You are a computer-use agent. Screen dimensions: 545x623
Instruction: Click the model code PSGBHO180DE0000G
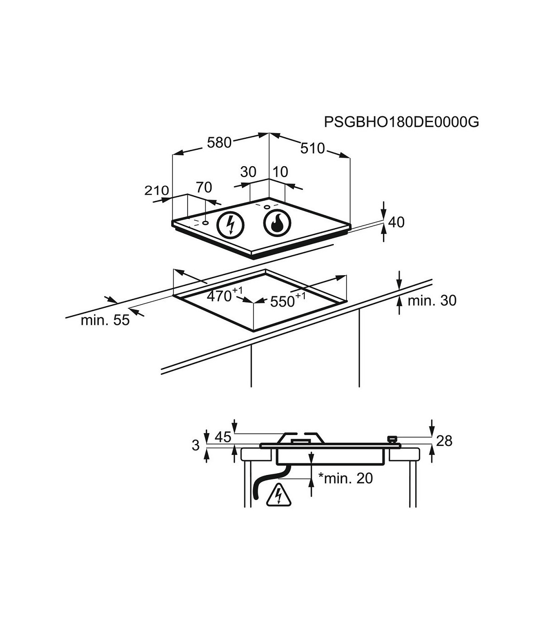click(401, 122)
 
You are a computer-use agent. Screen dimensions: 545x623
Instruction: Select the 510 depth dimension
click(312, 148)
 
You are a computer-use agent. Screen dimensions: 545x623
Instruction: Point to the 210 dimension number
click(157, 190)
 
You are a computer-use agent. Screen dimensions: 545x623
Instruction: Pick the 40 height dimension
click(396, 222)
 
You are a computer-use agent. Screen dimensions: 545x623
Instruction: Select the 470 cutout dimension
click(225, 295)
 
